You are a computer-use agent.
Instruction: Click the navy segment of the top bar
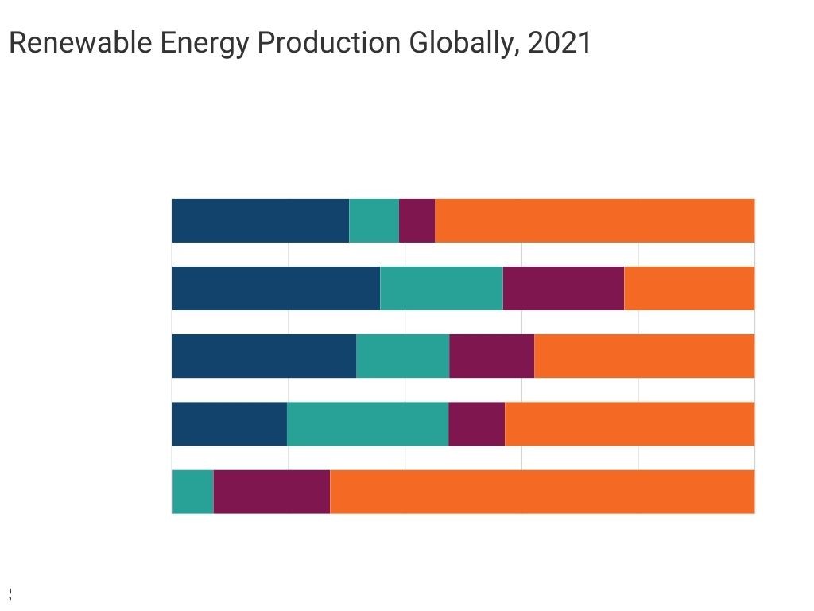point(260,220)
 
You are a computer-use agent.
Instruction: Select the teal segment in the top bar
point(374,220)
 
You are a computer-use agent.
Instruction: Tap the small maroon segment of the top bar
point(417,220)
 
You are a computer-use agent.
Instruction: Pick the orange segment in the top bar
point(595,220)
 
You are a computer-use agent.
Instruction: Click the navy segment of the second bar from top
point(276,288)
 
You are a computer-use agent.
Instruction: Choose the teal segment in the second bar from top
point(441,288)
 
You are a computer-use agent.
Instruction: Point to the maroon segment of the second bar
point(564,288)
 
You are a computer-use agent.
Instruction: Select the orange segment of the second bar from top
point(689,288)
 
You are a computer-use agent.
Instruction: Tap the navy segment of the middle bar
point(264,356)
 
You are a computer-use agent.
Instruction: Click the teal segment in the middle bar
point(403,356)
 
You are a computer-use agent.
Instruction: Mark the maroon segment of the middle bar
point(492,356)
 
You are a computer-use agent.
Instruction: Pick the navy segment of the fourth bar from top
point(229,424)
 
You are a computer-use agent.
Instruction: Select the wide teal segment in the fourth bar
point(368,424)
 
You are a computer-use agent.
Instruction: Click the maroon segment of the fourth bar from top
point(477,424)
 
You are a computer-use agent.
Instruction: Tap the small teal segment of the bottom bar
point(193,492)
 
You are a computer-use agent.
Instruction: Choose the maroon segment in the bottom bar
point(272,492)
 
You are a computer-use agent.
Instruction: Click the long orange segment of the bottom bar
point(542,492)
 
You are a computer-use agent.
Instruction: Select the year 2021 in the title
point(560,43)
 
